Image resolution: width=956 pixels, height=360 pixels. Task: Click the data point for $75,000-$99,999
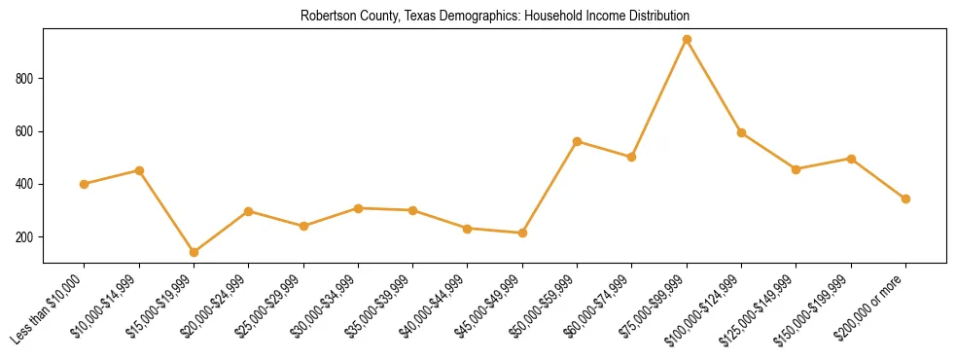point(687,40)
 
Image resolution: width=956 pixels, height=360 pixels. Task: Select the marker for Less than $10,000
point(85,184)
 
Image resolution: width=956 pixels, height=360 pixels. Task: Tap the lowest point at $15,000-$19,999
point(195,252)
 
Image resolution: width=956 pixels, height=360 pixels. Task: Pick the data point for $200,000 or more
point(905,198)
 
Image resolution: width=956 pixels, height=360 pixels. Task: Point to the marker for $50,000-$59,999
point(577,142)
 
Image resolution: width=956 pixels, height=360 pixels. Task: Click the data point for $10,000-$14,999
point(140,170)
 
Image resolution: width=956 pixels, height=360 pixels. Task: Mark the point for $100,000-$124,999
point(741,133)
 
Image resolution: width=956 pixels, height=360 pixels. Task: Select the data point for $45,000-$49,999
point(522,233)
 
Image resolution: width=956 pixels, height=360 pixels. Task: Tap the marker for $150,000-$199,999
point(851,159)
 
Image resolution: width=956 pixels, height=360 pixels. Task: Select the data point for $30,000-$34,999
point(358,208)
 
